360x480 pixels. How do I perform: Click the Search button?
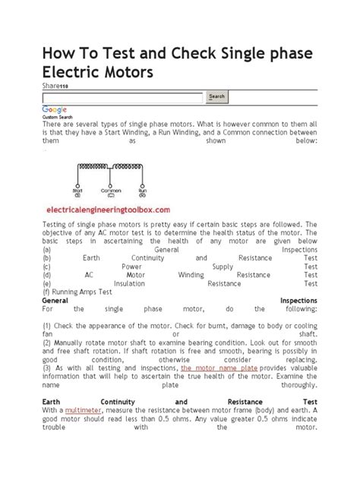(x=216, y=96)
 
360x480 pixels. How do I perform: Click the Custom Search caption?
(x=57, y=118)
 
